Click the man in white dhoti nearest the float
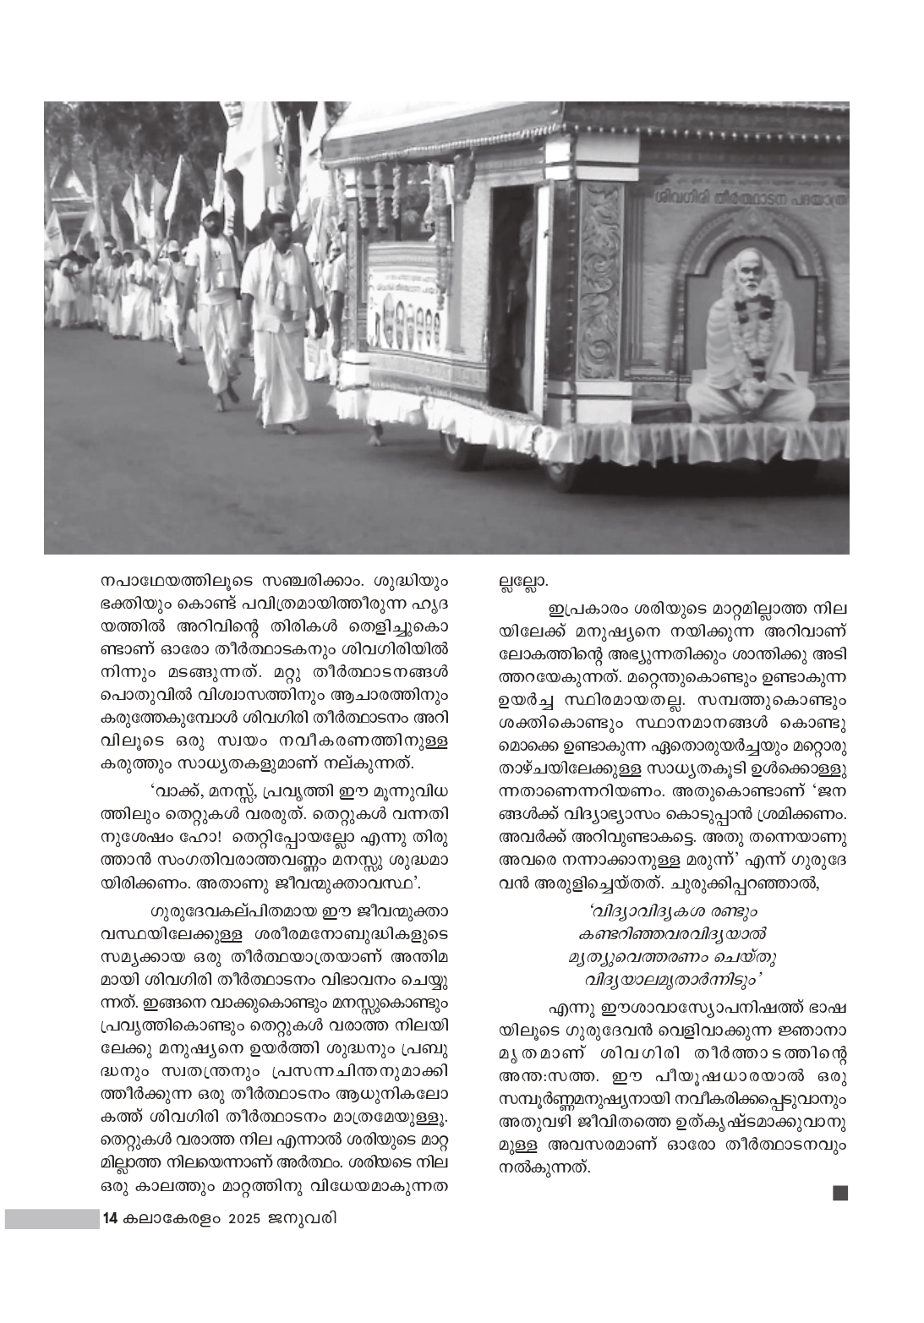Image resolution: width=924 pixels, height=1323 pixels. tap(279, 321)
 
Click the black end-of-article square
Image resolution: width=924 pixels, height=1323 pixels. tap(839, 1194)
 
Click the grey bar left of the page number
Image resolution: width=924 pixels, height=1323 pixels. tap(51, 1219)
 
